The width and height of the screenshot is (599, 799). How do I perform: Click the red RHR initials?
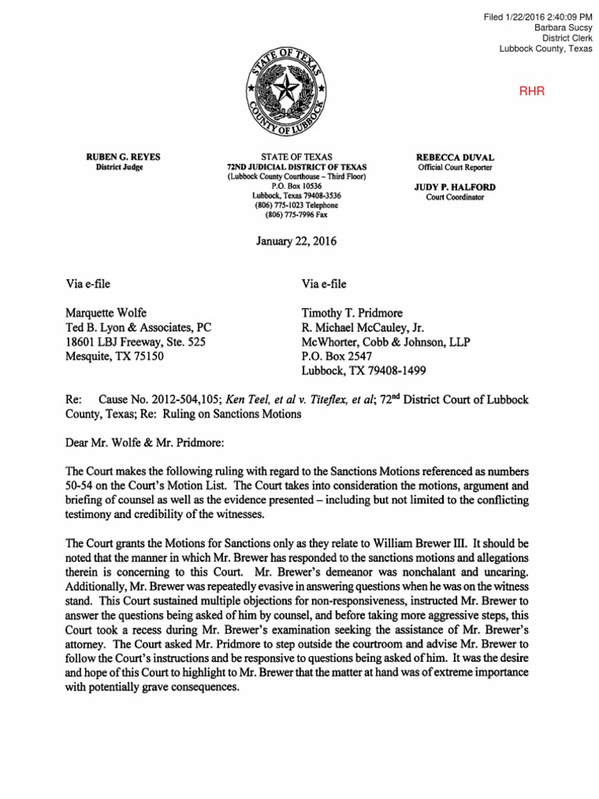pos(532,91)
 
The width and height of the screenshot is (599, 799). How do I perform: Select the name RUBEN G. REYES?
pos(119,157)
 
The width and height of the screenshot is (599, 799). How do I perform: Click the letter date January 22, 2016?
pos(296,241)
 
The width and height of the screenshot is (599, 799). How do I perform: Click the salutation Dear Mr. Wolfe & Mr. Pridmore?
pos(145,443)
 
